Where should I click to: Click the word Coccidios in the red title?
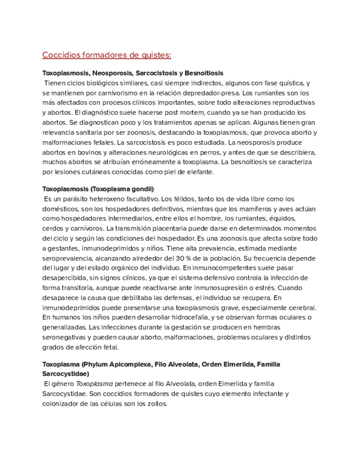tap(61, 55)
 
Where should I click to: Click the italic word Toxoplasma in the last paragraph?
tap(95, 384)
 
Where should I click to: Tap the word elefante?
tap(197, 172)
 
